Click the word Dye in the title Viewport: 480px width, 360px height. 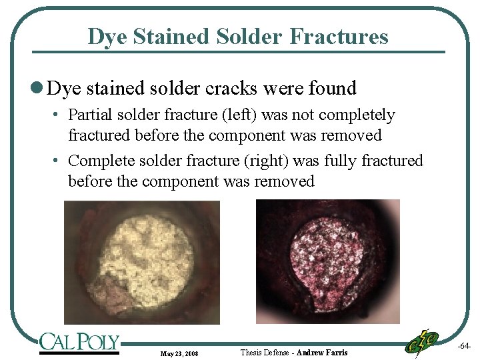104,36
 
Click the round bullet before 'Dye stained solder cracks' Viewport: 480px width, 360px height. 39,88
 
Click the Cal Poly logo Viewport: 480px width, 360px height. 79,343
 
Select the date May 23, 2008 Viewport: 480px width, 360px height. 178,353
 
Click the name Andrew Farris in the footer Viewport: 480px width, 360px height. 322,352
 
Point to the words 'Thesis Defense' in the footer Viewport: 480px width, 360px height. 265,352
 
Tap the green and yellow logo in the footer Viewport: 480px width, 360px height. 422,342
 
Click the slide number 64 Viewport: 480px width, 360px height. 465,347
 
